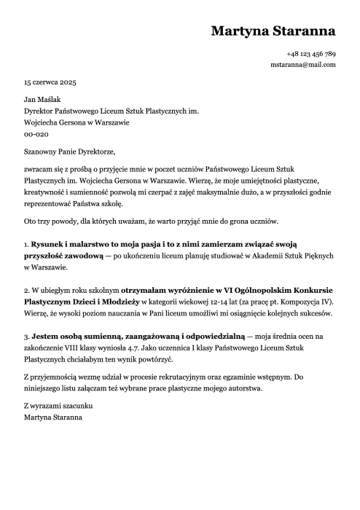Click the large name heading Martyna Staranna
point(273,31)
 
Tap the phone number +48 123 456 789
point(311,55)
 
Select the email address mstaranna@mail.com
point(303,65)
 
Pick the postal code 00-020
point(36,135)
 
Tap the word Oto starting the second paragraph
point(31,221)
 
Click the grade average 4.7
point(168,349)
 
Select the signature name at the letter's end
point(53,417)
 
